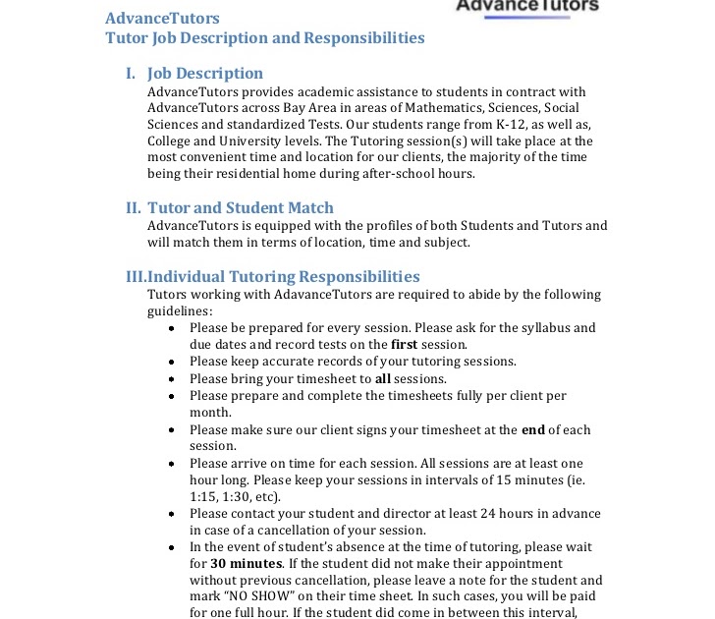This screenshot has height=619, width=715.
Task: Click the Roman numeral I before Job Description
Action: point(130,74)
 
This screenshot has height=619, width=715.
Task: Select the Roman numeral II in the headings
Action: point(134,208)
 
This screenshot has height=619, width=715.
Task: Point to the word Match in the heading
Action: point(309,208)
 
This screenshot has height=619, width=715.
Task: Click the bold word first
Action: point(404,345)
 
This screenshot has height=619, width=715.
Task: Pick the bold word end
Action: point(532,429)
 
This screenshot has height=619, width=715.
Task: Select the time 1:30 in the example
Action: point(237,497)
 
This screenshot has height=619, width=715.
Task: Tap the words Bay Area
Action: point(290,108)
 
